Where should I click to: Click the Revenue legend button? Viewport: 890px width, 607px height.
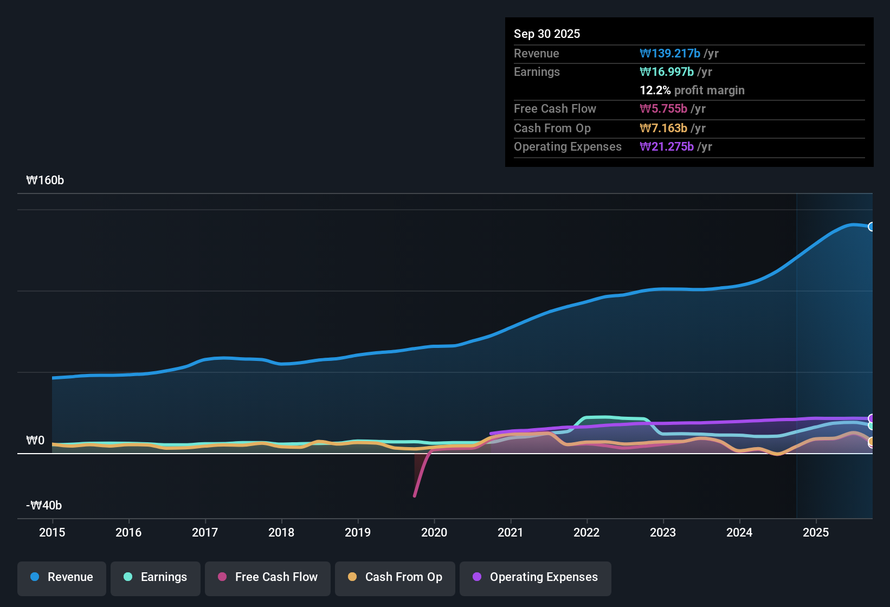[62, 578]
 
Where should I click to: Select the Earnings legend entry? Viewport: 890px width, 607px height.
[156, 578]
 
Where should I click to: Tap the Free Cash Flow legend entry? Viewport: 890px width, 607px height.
[268, 578]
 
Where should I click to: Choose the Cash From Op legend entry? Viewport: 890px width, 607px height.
[395, 578]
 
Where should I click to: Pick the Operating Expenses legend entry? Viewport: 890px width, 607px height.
[536, 578]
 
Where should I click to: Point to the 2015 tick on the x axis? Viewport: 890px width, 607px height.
[52, 532]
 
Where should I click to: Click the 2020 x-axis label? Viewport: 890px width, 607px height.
[434, 532]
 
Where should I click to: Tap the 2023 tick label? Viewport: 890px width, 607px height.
[663, 532]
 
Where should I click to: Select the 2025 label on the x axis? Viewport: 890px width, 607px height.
[816, 532]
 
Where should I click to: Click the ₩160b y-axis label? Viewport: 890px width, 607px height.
[45, 180]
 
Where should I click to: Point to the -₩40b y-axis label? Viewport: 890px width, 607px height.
[44, 506]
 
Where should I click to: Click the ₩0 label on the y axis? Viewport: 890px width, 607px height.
[35, 441]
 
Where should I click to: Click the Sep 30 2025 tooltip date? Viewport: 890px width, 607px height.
[546, 34]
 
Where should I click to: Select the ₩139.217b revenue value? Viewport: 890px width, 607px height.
[670, 53]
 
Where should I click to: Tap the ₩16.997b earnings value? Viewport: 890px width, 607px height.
[667, 72]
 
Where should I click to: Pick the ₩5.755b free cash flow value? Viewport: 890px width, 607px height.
[663, 108]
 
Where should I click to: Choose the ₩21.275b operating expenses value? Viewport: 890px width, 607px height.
[667, 146]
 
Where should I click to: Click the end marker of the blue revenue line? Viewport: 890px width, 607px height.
[872, 227]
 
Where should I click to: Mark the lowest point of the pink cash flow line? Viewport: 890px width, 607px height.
[415, 496]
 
